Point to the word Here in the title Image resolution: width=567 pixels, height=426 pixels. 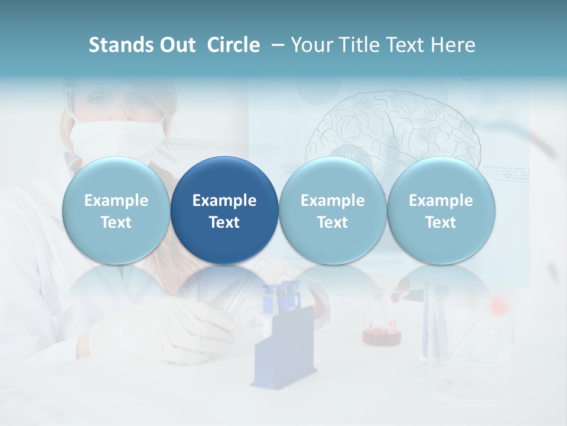pyautogui.click(x=451, y=45)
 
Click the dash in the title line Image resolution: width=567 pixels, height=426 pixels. pyautogui.click(x=276, y=45)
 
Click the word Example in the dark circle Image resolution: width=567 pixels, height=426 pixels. pyautogui.click(x=224, y=201)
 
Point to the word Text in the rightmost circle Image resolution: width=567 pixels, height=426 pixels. pyautogui.click(x=441, y=222)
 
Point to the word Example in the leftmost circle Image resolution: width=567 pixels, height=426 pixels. pyautogui.click(x=116, y=201)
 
